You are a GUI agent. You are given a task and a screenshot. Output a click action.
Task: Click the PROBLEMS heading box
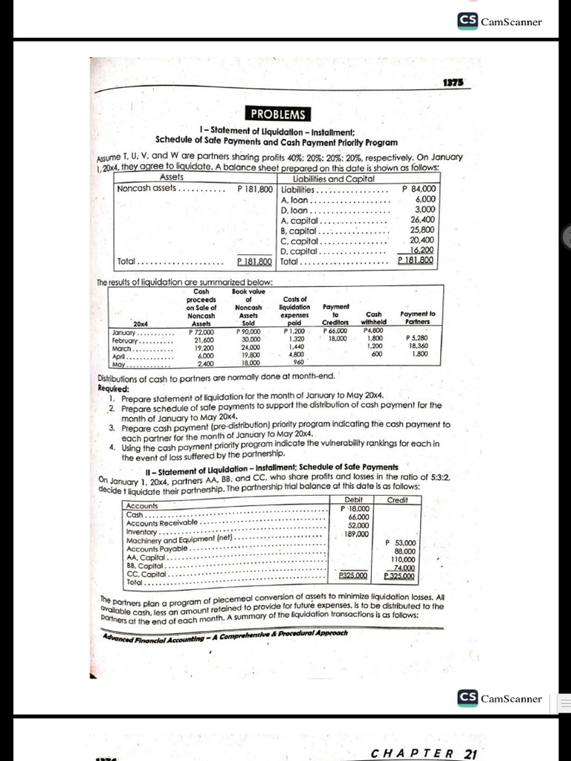pyautogui.click(x=277, y=114)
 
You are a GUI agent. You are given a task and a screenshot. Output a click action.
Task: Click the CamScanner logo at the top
pyautogui.click(x=500, y=21)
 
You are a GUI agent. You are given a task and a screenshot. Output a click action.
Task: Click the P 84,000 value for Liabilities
pyautogui.click(x=418, y=189)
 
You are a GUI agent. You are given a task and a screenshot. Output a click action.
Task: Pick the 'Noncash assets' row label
pyautogui.click(x=147, y=189)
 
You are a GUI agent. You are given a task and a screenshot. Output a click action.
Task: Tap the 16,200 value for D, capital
pyautogui.click(x=421, y=251)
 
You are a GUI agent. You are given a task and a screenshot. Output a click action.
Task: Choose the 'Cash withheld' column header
pyautogui.click(x=374, y=318)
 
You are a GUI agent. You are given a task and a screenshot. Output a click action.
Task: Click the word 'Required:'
pyautogui.click(x=114, y=388)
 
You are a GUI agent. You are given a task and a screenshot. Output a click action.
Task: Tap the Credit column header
pyautogui.click(x=399, y=500)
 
